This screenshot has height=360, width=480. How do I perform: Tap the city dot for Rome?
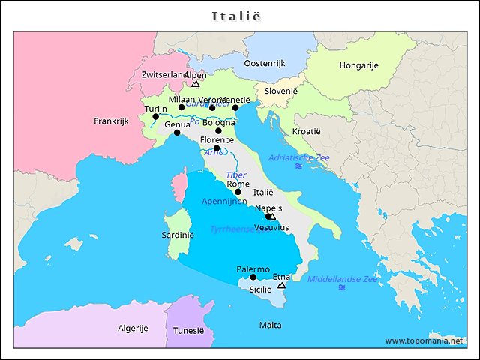coord(238,192)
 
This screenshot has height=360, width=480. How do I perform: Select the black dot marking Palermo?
coord(253,277)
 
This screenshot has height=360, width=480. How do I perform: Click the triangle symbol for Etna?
coord(281,285)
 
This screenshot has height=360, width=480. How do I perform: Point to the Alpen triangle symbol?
coord(196,84)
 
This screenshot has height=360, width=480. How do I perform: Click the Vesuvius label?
coord(271,227)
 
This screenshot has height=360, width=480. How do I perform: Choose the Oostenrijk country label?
coord(265,64)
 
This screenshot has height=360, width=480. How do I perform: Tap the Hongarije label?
coord(358,65)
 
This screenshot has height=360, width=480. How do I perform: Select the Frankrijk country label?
coord(112,121)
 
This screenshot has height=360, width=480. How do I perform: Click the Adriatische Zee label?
coord(298,157)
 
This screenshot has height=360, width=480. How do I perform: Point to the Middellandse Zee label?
coord(343,278)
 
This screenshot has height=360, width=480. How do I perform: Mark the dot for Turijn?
coord(155,116)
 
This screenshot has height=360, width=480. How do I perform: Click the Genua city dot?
coord(177,133)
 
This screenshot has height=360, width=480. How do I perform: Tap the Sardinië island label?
coord(178,235)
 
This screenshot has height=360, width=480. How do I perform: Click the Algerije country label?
coord(133,328)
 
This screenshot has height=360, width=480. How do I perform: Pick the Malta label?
coord(270,325)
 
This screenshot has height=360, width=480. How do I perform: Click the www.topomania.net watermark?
coord(424,340)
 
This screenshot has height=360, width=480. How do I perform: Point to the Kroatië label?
coord(306,131)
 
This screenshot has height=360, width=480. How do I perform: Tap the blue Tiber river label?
coord(236,175)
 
